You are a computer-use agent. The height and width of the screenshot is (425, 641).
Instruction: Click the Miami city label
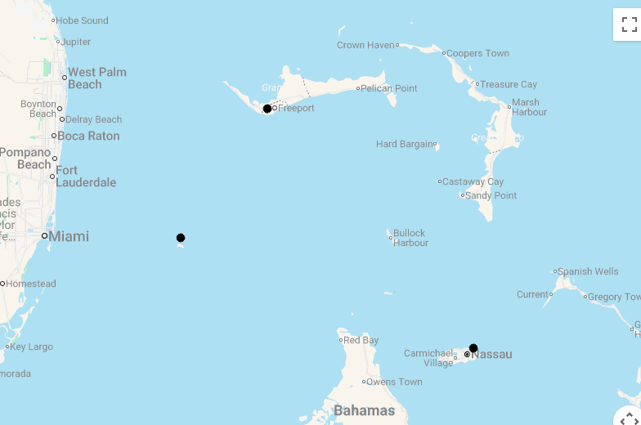click(x=69, y=236)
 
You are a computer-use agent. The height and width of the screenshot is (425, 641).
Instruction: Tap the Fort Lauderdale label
click(x=86, y=177)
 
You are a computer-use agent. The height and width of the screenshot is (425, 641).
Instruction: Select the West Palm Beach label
click(x=96, y=78)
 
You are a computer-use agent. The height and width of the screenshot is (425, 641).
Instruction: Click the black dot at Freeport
click(x=267, y=109)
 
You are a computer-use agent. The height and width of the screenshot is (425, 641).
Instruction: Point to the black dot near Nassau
click(x=473, y=348)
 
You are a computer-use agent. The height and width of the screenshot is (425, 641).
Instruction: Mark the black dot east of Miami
click(x=181, y=238)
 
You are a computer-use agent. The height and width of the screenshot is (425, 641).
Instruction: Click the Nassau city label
click(x=491, y=354)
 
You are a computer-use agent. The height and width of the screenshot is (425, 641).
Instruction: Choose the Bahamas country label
click(x=364, y=410)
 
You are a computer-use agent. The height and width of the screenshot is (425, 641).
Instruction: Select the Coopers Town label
click(x=477, y=53)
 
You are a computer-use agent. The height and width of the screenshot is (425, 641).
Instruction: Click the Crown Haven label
click(x=365, y=45)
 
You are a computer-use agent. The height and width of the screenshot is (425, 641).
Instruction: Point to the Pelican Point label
click(x=389, y=88)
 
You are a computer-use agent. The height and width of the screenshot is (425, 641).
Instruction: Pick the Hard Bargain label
click(x=405, y=144)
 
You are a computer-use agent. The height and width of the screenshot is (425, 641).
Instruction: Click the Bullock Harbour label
click(x=410, y=238)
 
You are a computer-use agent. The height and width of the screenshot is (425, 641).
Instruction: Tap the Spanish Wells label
click(x=589, y=271)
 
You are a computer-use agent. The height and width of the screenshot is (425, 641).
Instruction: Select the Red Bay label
click(x=361, y=340)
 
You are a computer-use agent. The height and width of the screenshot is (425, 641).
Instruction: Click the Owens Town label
click(x=394, y=382)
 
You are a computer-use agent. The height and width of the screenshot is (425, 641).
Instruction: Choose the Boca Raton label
click(x=88, y=136)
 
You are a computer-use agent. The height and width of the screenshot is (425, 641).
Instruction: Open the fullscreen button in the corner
click(x=629, y=25)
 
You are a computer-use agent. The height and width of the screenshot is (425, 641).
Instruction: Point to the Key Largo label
click(x=31, y=347)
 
